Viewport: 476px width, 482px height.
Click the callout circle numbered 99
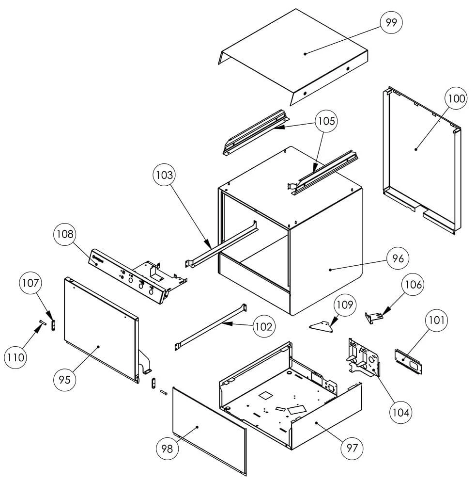click(392, 22)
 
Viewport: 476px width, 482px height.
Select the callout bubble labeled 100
click(456, 99)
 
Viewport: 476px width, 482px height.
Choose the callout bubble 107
click(31, 284)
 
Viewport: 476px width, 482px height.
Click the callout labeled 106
click(412, 285)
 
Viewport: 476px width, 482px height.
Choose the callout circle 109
click(347, 305)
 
